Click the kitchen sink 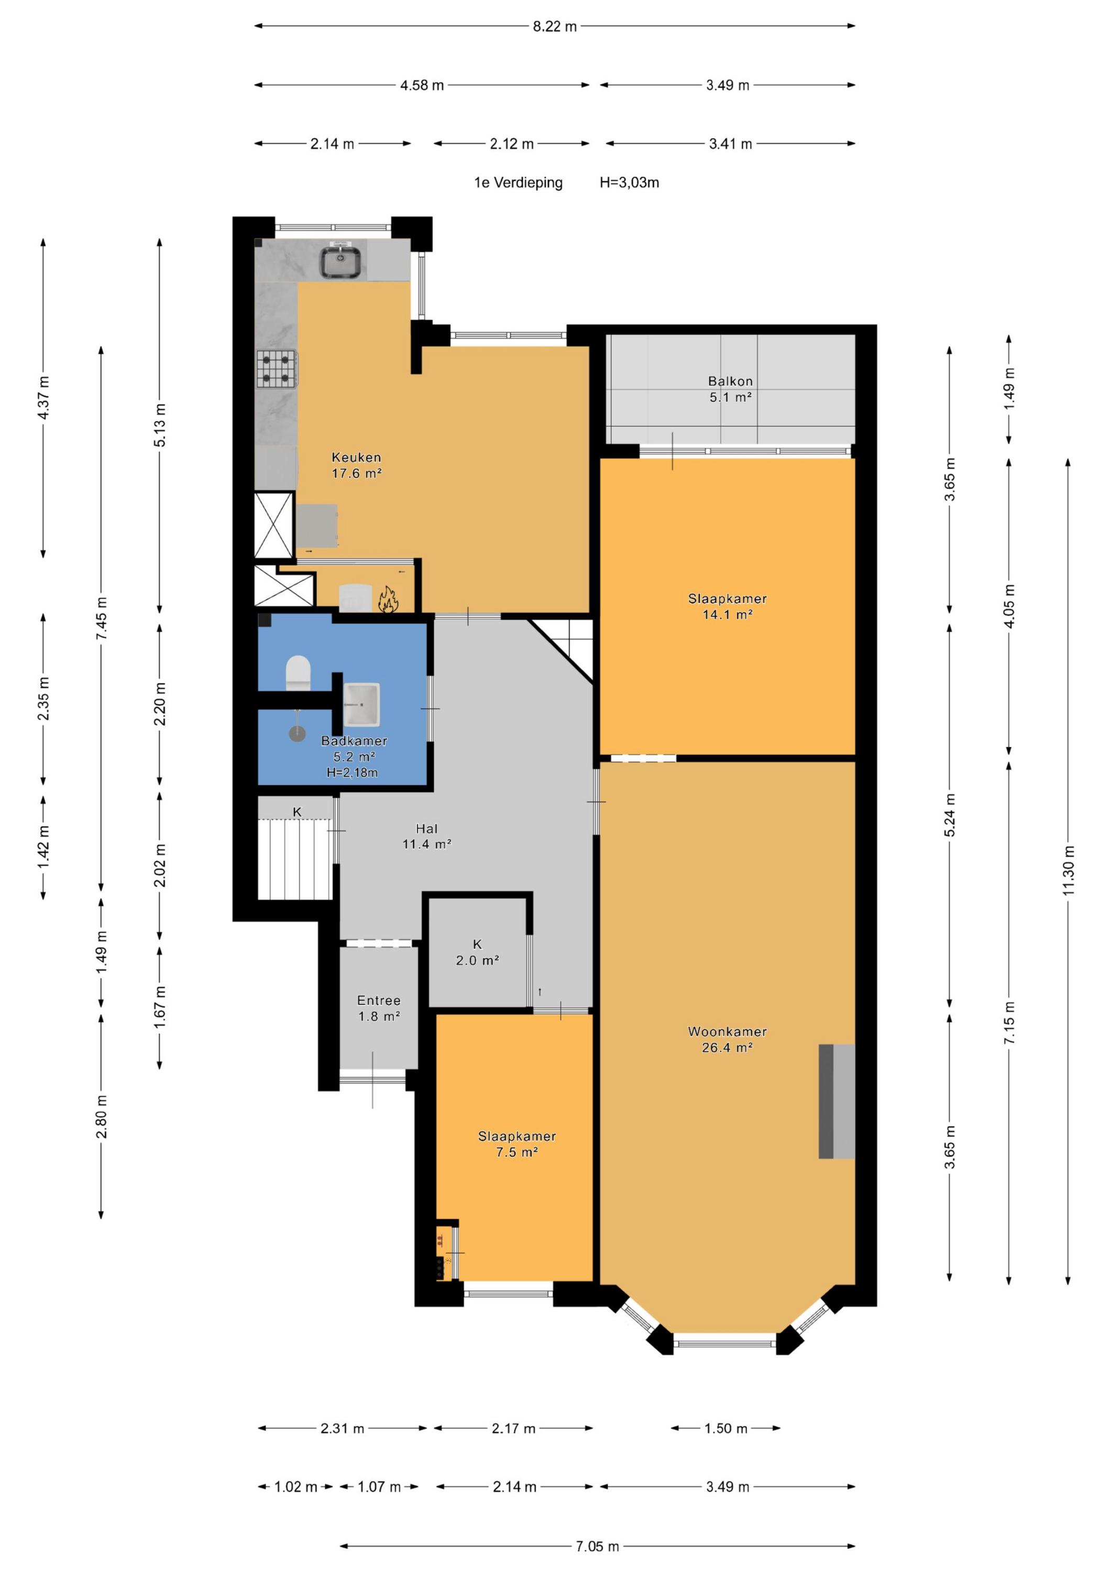point(342,261)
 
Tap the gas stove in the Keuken point(277,368)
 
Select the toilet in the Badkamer point(298,673)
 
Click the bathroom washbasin point(361,704)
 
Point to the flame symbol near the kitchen point(389,598)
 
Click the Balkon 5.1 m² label point(730,389)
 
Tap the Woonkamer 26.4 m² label point(727,1039)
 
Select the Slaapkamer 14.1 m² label point(727,606)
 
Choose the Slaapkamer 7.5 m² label point(517,1144)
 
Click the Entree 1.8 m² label point(379,1009)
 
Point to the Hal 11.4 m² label point(426,836)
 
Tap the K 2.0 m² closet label point(477,953)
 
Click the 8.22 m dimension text point(555,27)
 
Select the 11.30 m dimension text point(1069,870)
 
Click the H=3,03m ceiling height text point(629,183)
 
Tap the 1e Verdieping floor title point(518,183)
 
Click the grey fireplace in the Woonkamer point(837,1101)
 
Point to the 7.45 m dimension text point(101,618)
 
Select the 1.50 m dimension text point(725,1428)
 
